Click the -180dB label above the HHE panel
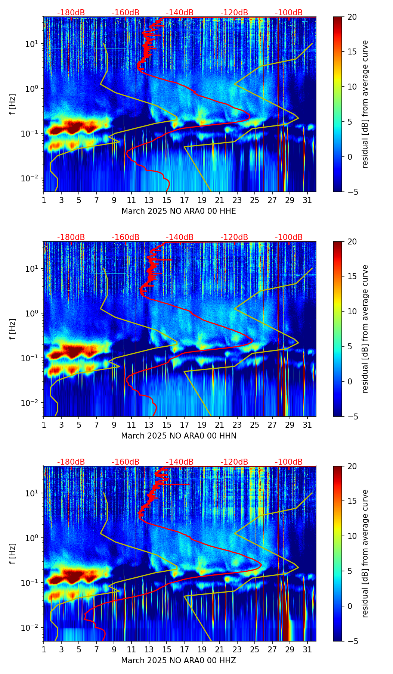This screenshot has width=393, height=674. click(x=71, y=13)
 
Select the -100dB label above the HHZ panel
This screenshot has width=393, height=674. click(x=289, y=462)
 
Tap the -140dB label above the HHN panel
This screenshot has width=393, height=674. click(x=180, y=237)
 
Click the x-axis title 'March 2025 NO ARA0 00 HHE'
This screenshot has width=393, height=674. click(x=179, y=211)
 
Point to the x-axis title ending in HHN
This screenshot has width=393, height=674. click(x=179, y=436)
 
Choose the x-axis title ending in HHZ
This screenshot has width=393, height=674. click(x=179, y=661)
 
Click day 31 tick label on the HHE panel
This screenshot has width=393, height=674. click(x=307, y=200)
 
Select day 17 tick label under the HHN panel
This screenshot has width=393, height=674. click(x=184, y=425)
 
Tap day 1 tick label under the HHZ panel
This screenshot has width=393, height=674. click(x=44, y=649)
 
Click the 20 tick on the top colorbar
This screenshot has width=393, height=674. click(x=352, y=17)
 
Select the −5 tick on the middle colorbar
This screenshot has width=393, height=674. click(x=350, y=416)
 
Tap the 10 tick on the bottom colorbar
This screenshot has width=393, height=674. click(x=352, y=536)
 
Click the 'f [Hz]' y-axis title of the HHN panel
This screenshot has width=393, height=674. click(x=13, y=329)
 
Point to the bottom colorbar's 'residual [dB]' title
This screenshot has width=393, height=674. click(x=365, y=553)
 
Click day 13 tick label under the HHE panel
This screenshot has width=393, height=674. click(x=149, y=200)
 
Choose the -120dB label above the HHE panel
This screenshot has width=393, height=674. click(x=234, y=13)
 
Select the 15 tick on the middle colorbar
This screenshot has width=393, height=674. click(x=352, y=277)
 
